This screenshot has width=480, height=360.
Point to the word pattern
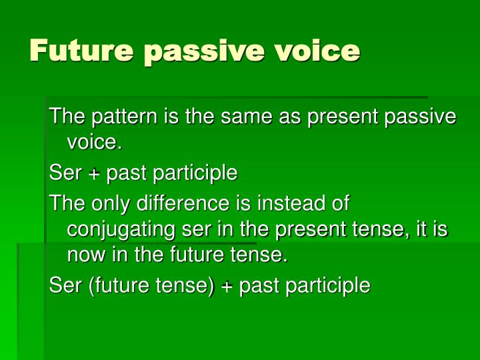(117, 117)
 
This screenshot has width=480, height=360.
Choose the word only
(107, 203)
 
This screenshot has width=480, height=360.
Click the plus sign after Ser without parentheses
(94, 174)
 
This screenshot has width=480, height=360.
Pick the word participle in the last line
(331, 286)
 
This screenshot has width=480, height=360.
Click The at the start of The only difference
(65, 203)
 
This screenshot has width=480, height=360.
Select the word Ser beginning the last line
(65, 286)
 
